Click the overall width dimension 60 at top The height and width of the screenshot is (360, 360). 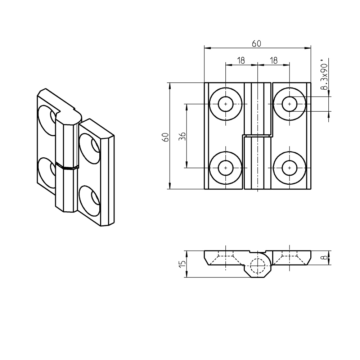click(256, 44)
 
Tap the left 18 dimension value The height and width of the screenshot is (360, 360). click(241, 60)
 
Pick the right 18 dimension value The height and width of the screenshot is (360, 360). click(274, 60)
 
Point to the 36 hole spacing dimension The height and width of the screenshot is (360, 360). click(182, 136)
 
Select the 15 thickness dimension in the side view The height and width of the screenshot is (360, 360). click(183, 264)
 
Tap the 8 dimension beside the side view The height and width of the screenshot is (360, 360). click(325, 258)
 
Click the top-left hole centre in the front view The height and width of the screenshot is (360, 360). click(225, 104)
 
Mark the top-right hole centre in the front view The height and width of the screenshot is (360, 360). click(289, 104)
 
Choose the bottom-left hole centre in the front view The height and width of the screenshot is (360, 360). click(225, 168)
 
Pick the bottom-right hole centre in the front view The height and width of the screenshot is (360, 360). click(289, 168)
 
